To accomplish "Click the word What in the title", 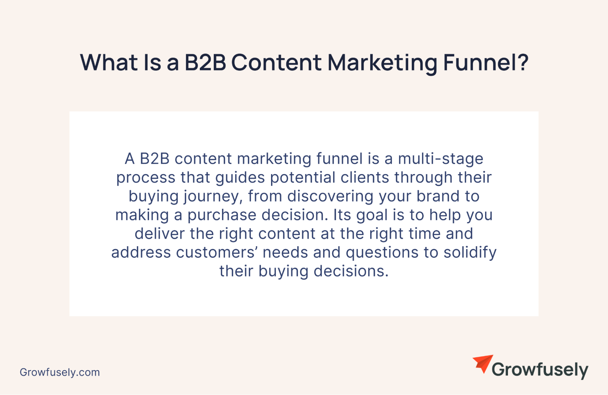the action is (x=109, y=63).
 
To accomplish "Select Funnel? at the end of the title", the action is (x=486, y=62).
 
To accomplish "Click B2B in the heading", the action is (x=205, y=63).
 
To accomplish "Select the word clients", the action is (x=365, y=177).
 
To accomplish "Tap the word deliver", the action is (x=160, y=234).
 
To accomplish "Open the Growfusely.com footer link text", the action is (x=60, y=373).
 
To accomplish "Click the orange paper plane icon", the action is (x=483, y=363).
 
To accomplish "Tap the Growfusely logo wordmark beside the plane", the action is (x=540, y=370).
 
